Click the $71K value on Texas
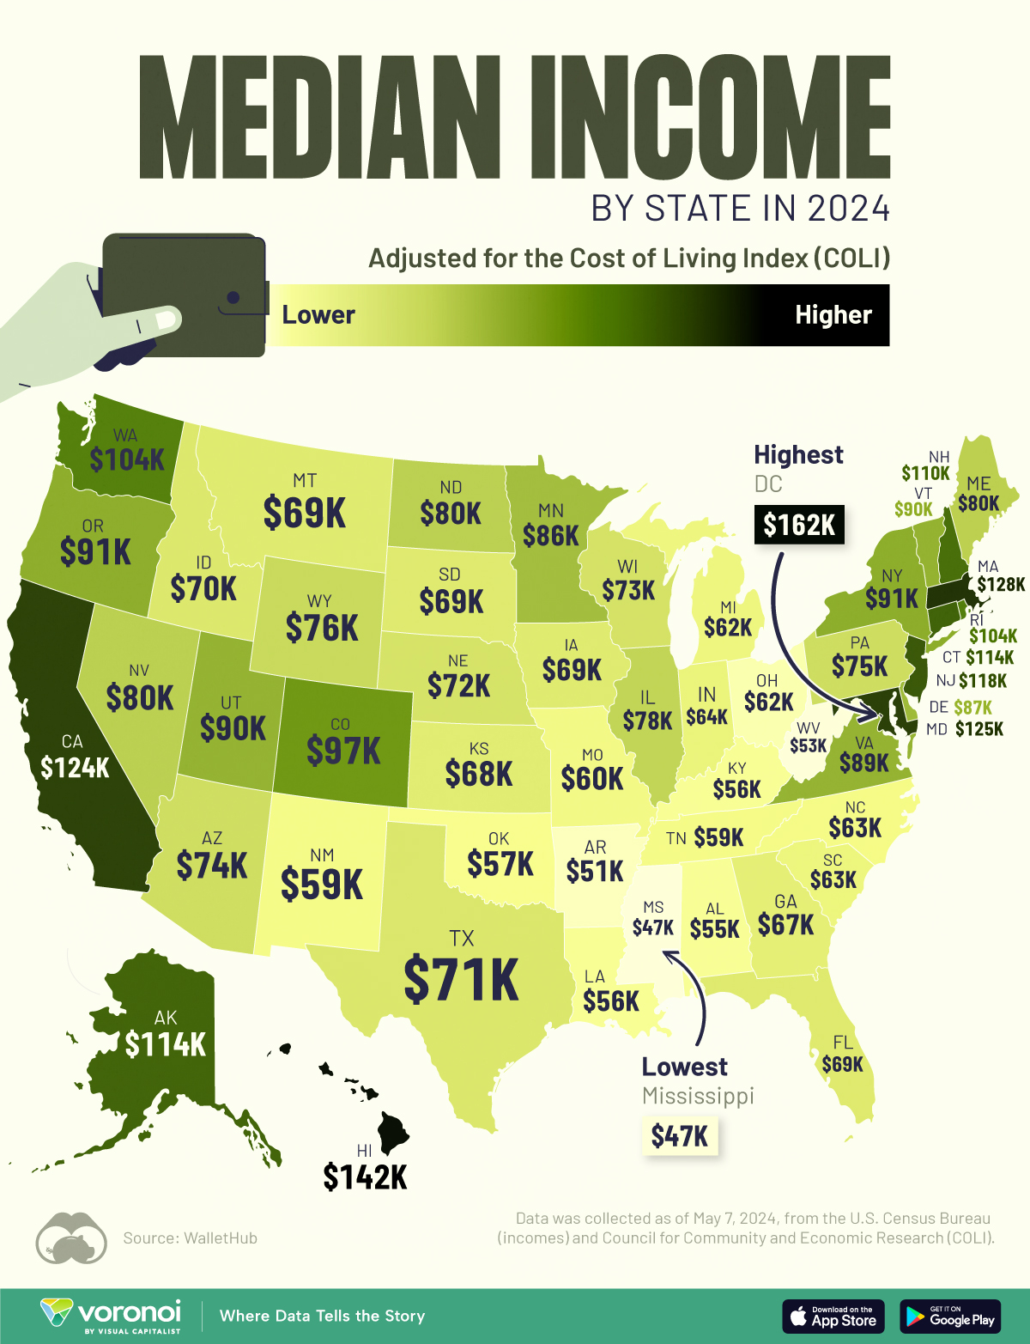pyautogui.click(x=462, y=978)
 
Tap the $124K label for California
pyautogui.click(x=75, y=766)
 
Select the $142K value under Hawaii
pyautogui.click(x=365, y=1177)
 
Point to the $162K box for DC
pyautogui.click(x=799, y=524)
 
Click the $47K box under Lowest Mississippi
pyautogui.click(x=679, y=1136)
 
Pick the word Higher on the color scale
pyautogui.click(x=833, y=315)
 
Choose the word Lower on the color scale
pyautogui.click(x=318, y=315)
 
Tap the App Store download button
pyautogui.click(x=833, y=1316)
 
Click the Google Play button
pyautogui.click(x=950, y=1316)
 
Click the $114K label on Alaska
pyautogui.click(x=166, y=1044)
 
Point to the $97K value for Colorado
pyautogui.click(x=343, y=751)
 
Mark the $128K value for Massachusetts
pyautogui.click(x=1001, y=585)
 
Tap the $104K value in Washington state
pyautogui.click(x=127, y=459)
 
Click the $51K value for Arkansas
pyautogui.click(x=595, y=871)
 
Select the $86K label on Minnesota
pyautogui.click(x=551, y=535)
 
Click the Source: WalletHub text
pyautogui.click(x=190, y=1238)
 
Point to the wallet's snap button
pyautogui.click(x=233, y=298)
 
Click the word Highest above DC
pyautogui.click(x=798, y=454)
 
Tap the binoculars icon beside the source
pyautogui.click(x=70, y=1238)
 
